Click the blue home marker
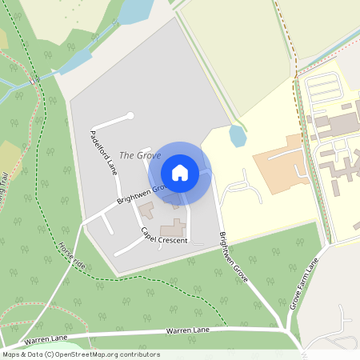point(180,173)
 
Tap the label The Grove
point(134,154)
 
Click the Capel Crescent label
point(163,235)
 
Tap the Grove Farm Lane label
point(304,285)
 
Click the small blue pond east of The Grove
point(238,136)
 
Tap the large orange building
point(280,164)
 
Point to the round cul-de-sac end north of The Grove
point(130,116)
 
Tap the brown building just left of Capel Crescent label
point(146,211)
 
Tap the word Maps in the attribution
point(12,354)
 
